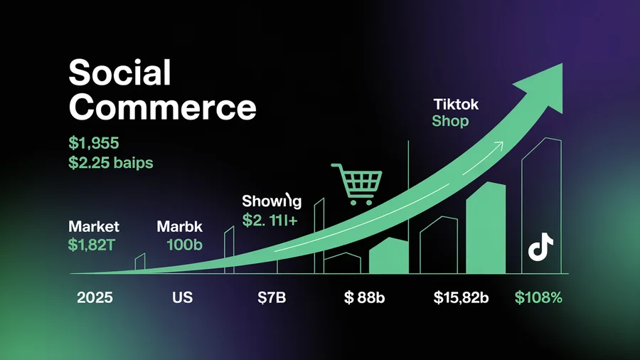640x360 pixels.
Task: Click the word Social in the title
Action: (x=120, y=73)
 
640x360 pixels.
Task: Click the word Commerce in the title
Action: (x=163, y=107)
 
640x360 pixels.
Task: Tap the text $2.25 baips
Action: (x=111, y=162)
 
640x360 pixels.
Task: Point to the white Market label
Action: (x=94, y=227)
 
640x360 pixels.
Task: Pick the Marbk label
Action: (x=179, y=228)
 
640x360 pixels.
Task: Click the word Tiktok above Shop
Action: (x=456, y=104)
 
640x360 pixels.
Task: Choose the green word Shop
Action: (x=450, y=121)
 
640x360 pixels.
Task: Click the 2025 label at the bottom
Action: (x=95, y=298)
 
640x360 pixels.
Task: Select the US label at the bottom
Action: (x=182, y=298)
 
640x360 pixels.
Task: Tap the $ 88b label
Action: (x=364, y=298)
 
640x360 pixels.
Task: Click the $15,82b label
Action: (x=461, y=298)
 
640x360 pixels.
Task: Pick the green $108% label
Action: (x=538, y=298)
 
